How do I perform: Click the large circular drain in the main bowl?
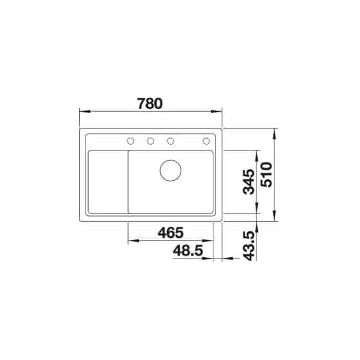[x=170, y=170]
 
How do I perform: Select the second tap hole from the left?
[x=150, y=141]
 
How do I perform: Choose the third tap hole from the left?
[x=171, y=141]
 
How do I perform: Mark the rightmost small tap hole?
[x=207, y=141]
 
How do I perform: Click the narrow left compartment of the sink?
[x=107, y=183]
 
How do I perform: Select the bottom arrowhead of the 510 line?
[x=276, y=219]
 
